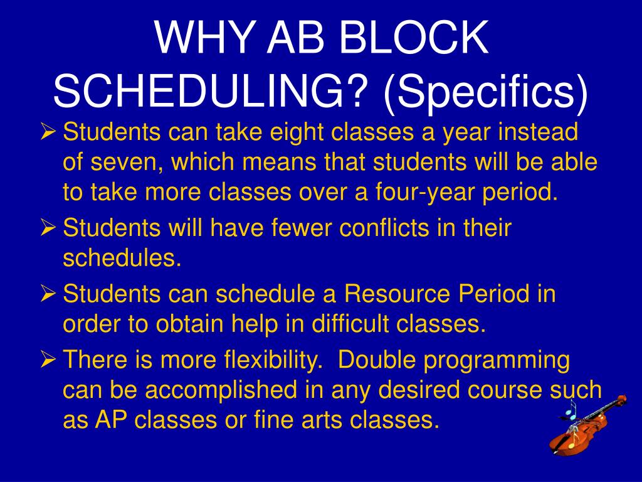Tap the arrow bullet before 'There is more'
tap(48, 360)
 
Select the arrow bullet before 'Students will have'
tap(48, 228)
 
